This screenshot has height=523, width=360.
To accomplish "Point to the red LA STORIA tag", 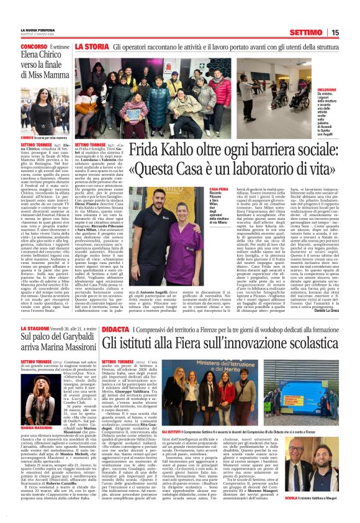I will coord(92,47).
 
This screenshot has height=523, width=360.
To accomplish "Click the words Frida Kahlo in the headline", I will coord(160,152).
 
